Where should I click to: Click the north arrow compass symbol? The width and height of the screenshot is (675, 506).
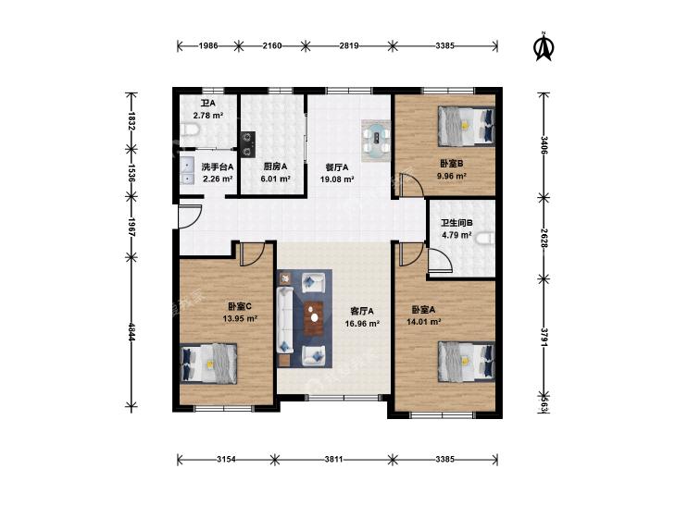(x=544, y=47)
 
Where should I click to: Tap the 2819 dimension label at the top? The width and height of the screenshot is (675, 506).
(x=349, y=45)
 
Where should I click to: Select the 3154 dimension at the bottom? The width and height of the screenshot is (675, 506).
(x=226, y=459)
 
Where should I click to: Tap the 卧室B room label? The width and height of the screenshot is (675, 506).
(x=451, y=164)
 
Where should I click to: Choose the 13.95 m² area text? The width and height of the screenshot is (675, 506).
(x=240, y=318)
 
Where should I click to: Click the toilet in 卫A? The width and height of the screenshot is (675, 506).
(x=189, y=130)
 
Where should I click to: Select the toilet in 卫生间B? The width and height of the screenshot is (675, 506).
(x=485, y=238)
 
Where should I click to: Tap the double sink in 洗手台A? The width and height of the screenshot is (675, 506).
(x=187, y=171)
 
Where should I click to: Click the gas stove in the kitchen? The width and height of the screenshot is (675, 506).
(x=247, y=144)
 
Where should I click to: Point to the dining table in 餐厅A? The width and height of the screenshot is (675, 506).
(x=376, y=141)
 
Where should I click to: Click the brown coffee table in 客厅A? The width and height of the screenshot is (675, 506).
(x=314, y=318)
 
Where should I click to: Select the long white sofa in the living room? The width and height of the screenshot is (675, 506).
(x=285, y=320)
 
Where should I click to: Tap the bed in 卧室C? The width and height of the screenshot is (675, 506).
(x=208, y=364)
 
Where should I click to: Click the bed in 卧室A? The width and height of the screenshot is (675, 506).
(x=467, y=362)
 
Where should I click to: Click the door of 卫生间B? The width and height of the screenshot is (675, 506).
(x=440, y=261)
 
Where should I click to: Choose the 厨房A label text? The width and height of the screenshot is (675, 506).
(x=276, y=167)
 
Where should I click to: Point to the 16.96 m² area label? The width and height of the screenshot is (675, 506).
(x=362, y=323)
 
